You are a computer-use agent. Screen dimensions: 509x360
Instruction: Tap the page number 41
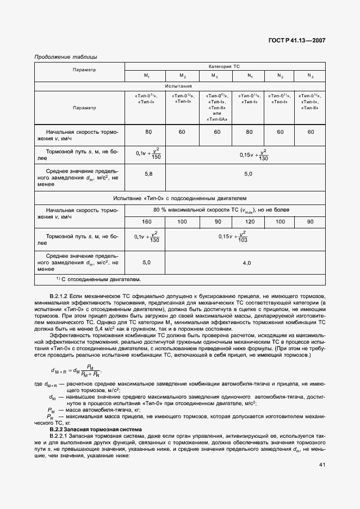click(x=322, y=464)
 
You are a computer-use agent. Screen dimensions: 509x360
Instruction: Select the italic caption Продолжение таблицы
click(x=66, y=57)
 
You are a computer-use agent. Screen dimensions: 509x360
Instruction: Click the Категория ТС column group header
click(x=224, y=66)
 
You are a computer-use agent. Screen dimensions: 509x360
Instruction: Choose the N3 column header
click(x=311, y=76)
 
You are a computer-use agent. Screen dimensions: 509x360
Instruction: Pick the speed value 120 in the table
click(x=250, y=222)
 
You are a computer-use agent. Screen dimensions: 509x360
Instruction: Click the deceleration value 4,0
click(x=246, y=263)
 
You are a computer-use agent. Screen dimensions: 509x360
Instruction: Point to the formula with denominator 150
click(x=147, y=154)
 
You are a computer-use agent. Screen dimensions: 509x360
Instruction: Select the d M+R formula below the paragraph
click(x=76, y=371)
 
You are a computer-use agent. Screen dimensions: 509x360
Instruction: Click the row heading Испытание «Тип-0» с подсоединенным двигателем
click(x=179, y=198)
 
